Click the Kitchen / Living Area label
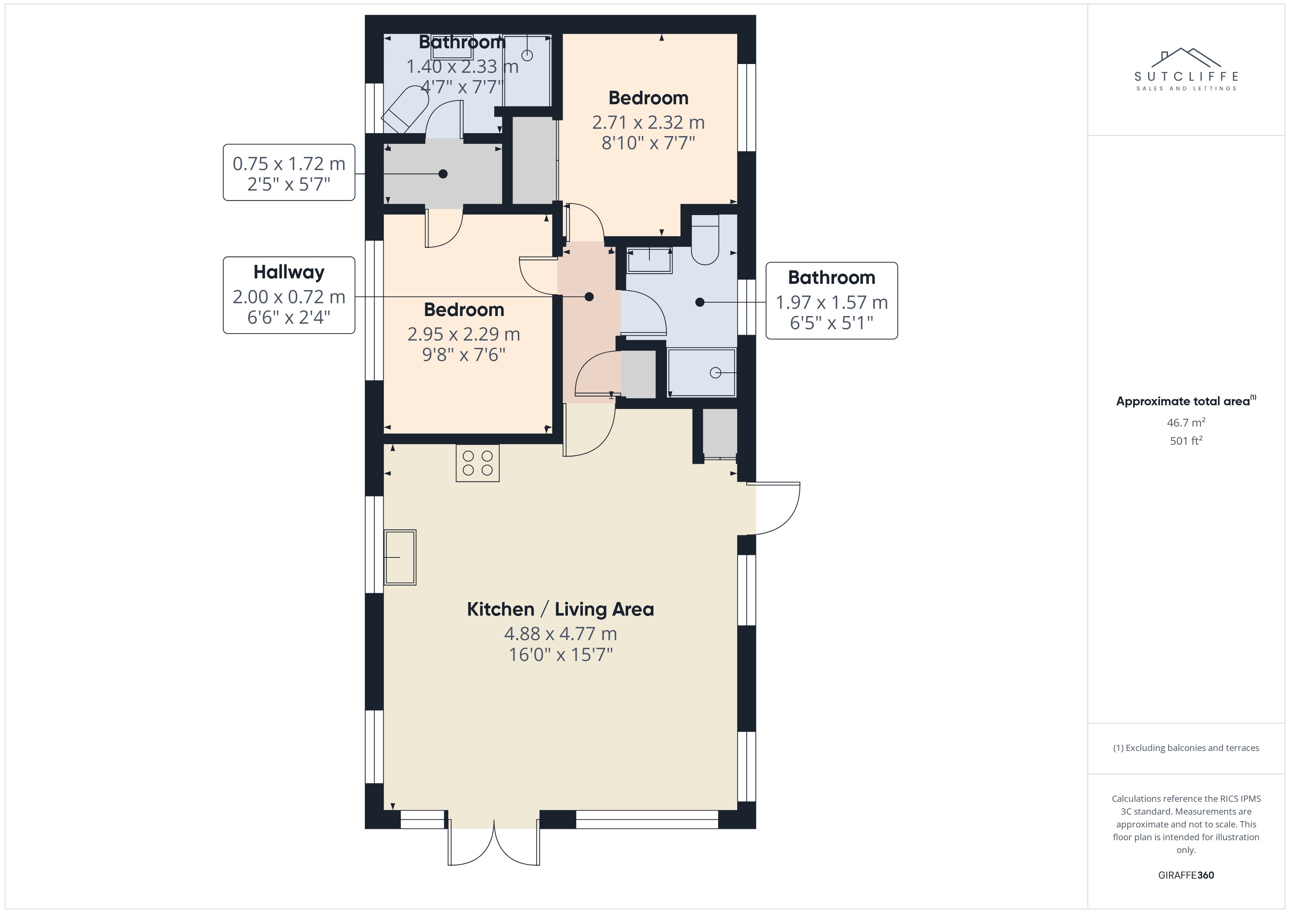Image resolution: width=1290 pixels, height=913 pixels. pyautogui.click(x=560, y=609)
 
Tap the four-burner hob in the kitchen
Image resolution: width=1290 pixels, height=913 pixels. pyautogui.click(x=478, y=463)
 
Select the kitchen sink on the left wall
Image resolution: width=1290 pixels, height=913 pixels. pyautogui.click(x=400, y=557)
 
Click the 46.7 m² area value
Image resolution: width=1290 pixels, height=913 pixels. pyautogui.click(x=1186, y=422)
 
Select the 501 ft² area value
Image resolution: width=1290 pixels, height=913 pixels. pyautogui.click(x=1186, y=441)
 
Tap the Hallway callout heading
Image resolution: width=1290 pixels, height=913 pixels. pyautogui.click(x=289, y=273)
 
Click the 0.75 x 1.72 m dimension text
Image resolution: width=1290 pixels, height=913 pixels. pyautogui.click(x=289, y=164)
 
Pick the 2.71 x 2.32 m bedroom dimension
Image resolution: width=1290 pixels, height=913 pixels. pyautogui.click(x=648, y=123)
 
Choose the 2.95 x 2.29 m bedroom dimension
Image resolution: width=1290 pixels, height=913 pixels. pyautogui.click(x=464, y=334)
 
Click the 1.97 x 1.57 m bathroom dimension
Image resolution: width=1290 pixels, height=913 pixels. pyautogui.click(x=831, y=303)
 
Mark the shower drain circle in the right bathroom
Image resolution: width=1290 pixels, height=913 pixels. pyautogui.click(x=715, y=373)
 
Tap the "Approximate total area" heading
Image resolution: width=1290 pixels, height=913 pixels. pyautogui.click(x=1186, y=401)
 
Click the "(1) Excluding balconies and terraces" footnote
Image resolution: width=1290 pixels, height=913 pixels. pyautogui.click(x=1186, y=748)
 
